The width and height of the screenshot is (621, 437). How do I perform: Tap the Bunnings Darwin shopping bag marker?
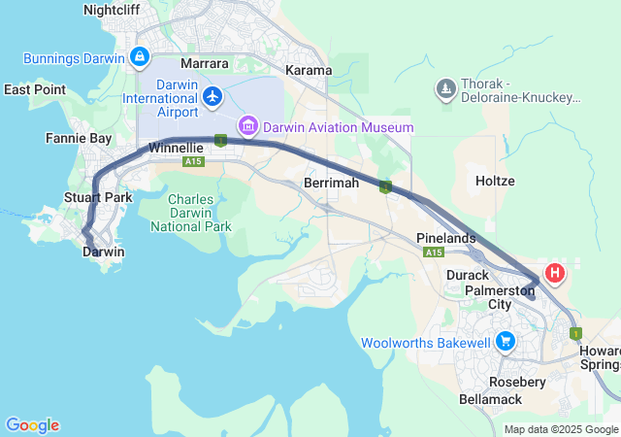click(141, 57)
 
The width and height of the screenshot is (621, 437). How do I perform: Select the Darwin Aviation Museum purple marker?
click(248, 126)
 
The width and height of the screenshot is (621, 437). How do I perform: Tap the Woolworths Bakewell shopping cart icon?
click(505, 342)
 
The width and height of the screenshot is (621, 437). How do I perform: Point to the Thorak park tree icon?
click(446, 89)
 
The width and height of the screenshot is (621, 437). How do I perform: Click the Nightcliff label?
click(112, 10)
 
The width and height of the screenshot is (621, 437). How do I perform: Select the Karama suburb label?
click(309, 70)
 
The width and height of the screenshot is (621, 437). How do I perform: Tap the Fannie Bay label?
click(78, 139)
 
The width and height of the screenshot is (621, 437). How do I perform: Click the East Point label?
click(35, 89)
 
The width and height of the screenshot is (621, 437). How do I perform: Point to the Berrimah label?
click(331, 183)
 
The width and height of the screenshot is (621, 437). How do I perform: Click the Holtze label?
click(495, 181)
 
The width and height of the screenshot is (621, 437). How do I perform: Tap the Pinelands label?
click(445, 238)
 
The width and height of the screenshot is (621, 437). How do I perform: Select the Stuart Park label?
click(97, 198)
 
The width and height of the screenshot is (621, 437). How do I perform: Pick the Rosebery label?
click(518, 382)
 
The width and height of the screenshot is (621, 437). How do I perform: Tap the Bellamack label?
click(490, 399)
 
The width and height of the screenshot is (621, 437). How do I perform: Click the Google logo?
click(32, 425)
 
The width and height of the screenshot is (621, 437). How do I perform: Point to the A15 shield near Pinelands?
click(433, 252)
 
